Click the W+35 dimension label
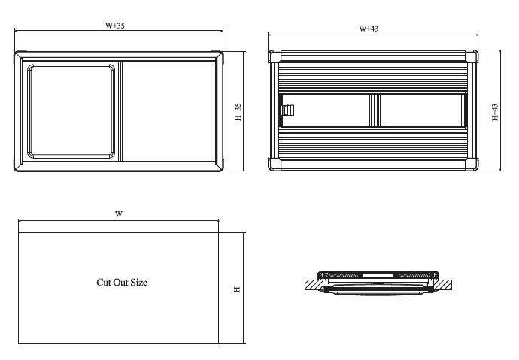(115, 25)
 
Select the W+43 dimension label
(369, 28)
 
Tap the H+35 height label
(238, 112)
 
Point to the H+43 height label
(495, 112)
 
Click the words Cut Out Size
(122, 283)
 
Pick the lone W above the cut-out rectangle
(119, 214)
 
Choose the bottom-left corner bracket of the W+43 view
(276, 165)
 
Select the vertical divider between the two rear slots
(375, 110)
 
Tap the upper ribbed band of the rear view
(374, 77)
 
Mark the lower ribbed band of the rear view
(374, 144)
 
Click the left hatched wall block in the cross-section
(311, 285)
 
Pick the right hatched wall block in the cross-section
(444, 285)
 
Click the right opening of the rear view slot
(420, 110)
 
